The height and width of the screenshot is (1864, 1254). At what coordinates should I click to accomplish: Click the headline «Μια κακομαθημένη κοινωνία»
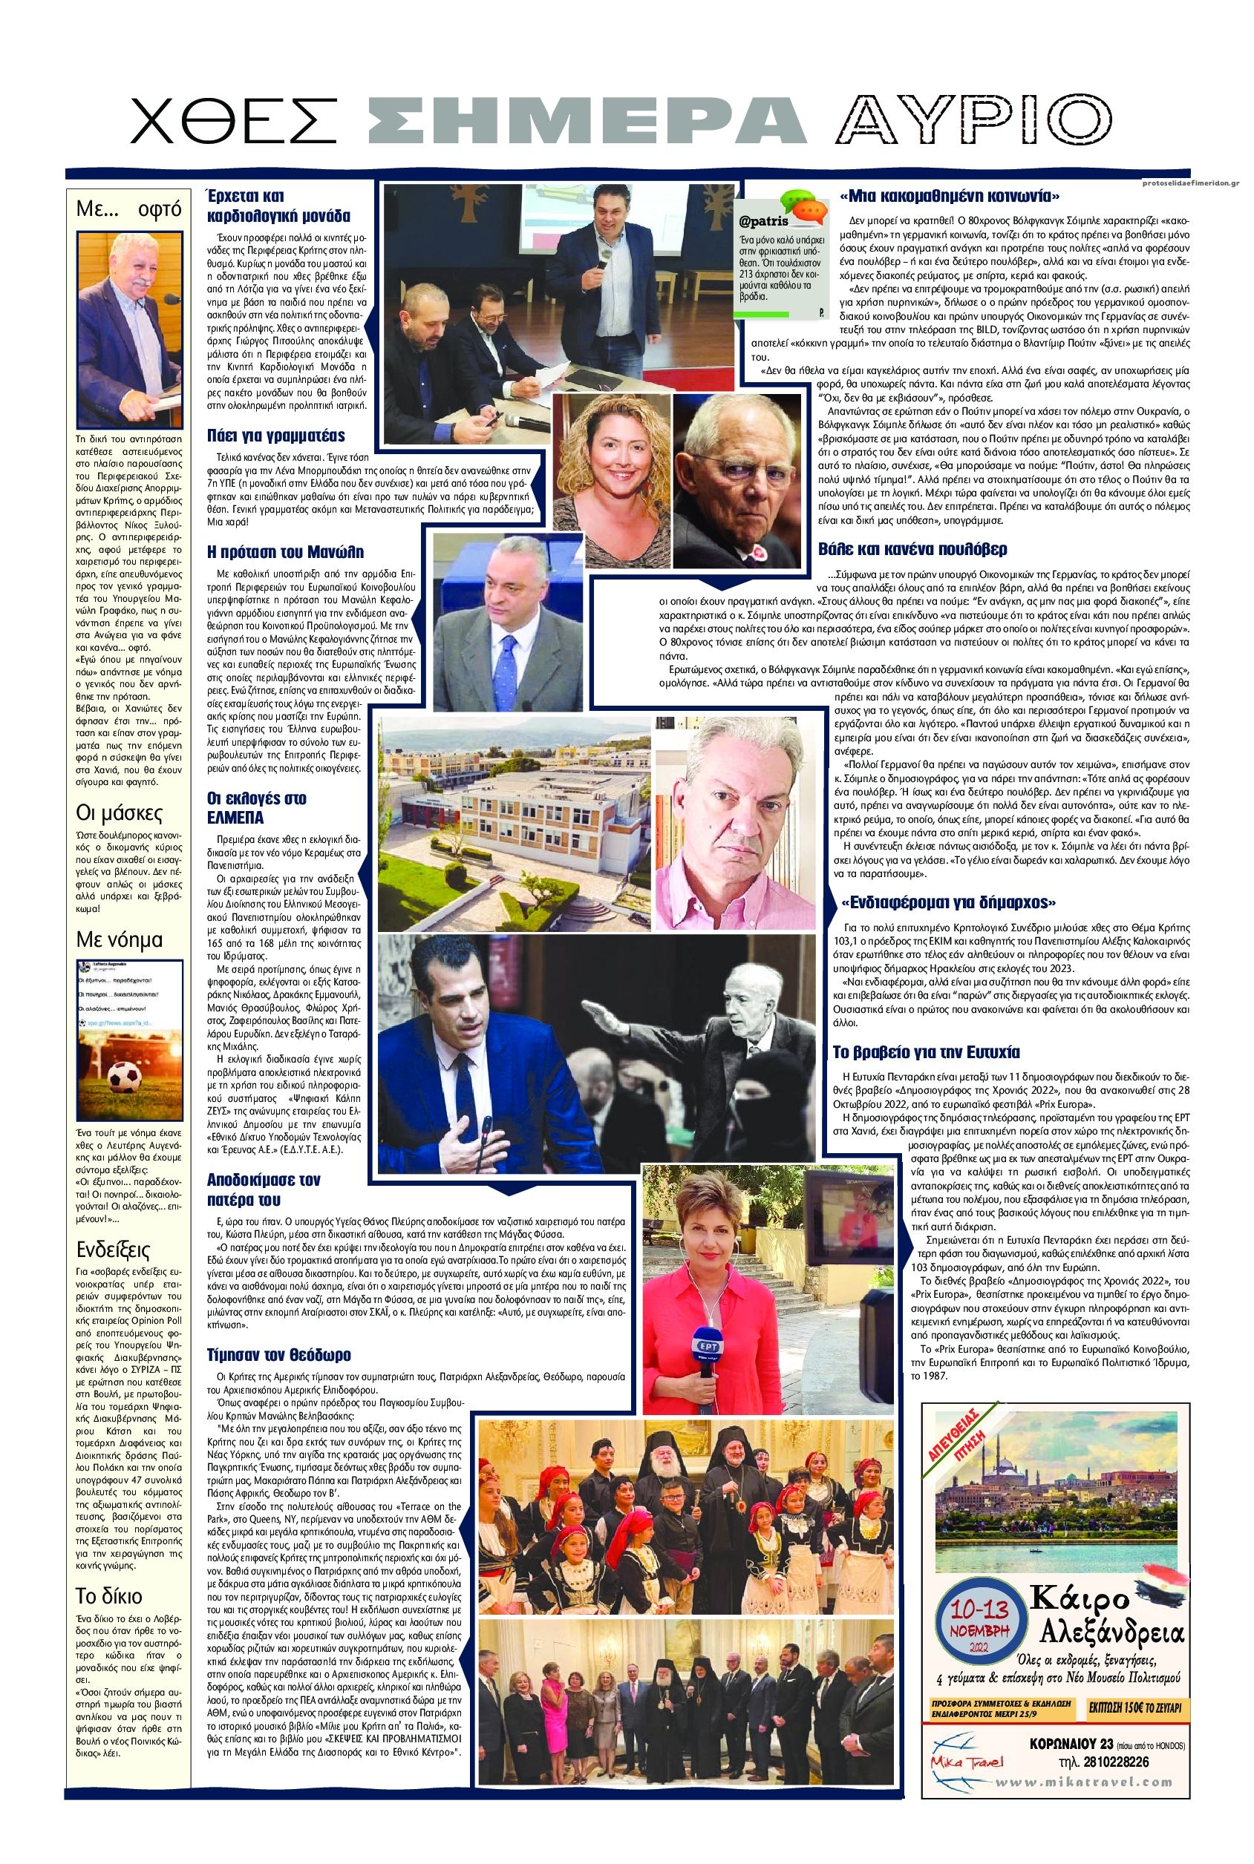[950, 196]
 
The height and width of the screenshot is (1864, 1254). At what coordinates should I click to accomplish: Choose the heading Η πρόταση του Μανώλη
[286, 551]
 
